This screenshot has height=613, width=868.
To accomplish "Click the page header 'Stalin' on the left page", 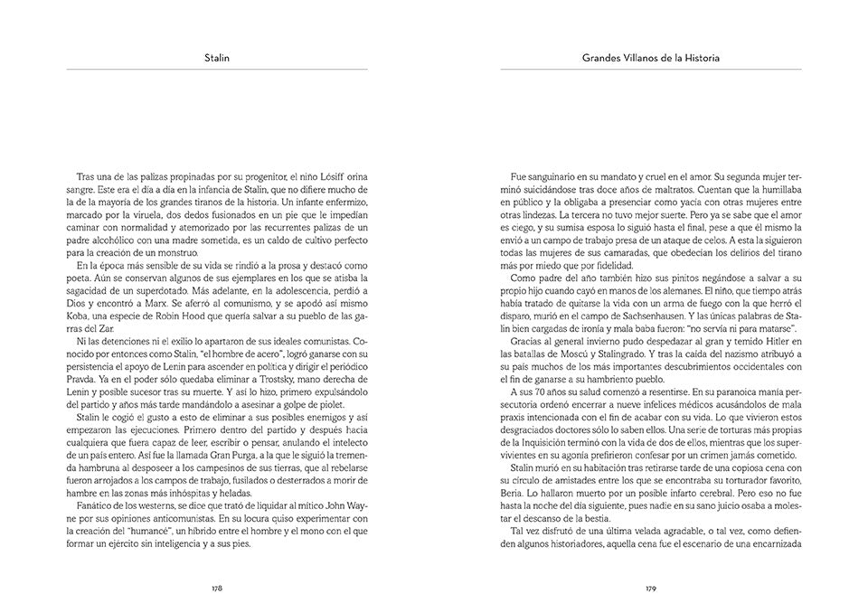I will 217,59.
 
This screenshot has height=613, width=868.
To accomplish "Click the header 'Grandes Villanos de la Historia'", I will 651,59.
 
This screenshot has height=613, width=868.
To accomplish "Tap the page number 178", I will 217,588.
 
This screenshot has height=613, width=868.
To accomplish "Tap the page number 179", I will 651,588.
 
